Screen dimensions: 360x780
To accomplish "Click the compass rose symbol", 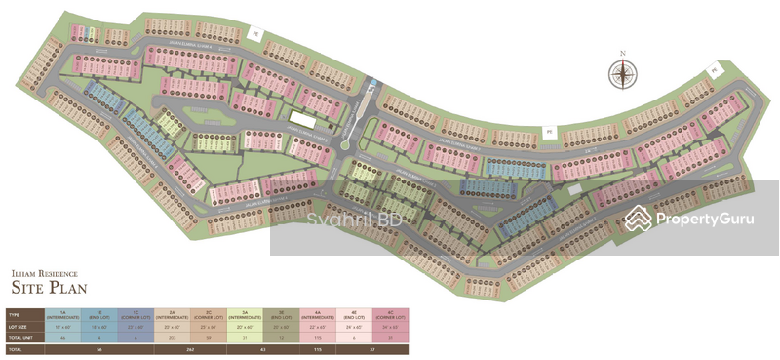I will [x=621, y=75].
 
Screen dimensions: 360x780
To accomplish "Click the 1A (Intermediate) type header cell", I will [x=62, y=315].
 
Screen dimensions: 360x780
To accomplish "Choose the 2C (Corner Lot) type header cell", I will [x=207, y=315].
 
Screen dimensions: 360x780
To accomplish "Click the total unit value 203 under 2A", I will [x=171, y=337].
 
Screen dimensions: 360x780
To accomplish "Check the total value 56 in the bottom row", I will [x=98, y=348].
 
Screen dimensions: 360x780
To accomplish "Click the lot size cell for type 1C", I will [x=135, y=327].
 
